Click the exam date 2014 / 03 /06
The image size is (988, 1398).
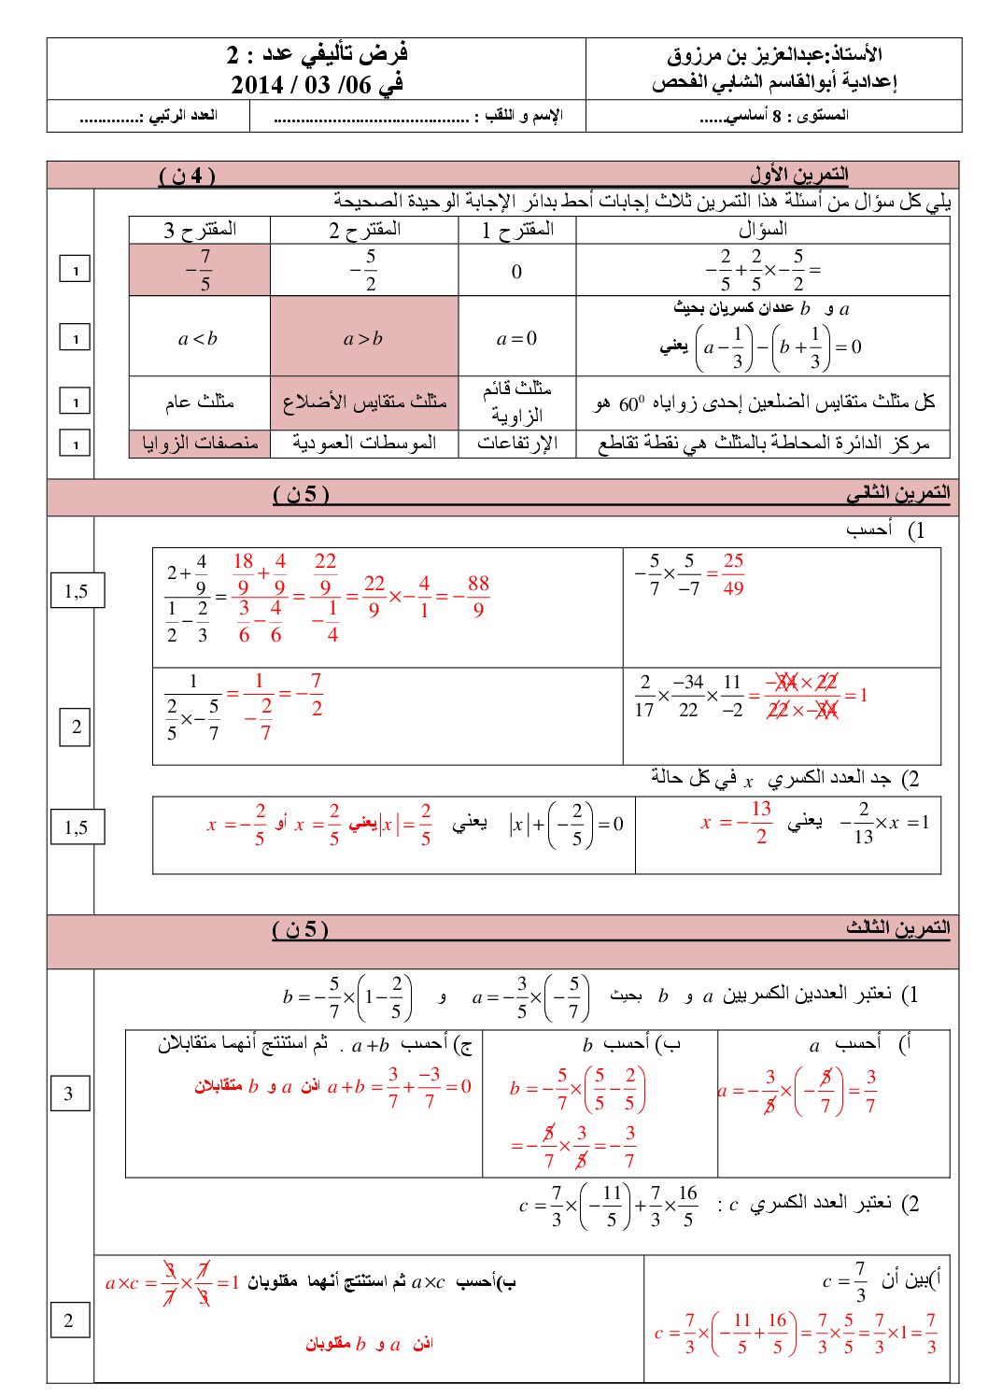[318, 85]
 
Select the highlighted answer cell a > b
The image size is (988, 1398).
[363, 338]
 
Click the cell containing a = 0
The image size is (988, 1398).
[516, 338]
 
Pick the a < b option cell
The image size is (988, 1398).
[198, 338]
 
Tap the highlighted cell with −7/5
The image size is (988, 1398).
[200, 271]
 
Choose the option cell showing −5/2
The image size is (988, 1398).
[364, 271]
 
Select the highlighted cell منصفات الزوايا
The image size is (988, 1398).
[200, 443]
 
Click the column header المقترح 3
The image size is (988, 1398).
[200, 230]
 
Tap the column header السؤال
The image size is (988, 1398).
[762, 230]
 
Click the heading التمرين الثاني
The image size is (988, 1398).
[897, 492]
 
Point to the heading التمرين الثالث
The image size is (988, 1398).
[897, 927]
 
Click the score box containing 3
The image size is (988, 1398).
[69, 1094]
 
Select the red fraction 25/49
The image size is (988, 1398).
[733, 573]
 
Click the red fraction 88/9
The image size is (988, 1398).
[477, 596]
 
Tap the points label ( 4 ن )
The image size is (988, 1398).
[187, 175]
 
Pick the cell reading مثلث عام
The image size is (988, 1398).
[200, 402]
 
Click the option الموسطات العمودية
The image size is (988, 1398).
[364, 443]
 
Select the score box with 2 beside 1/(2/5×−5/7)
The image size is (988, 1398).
[77, 727]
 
